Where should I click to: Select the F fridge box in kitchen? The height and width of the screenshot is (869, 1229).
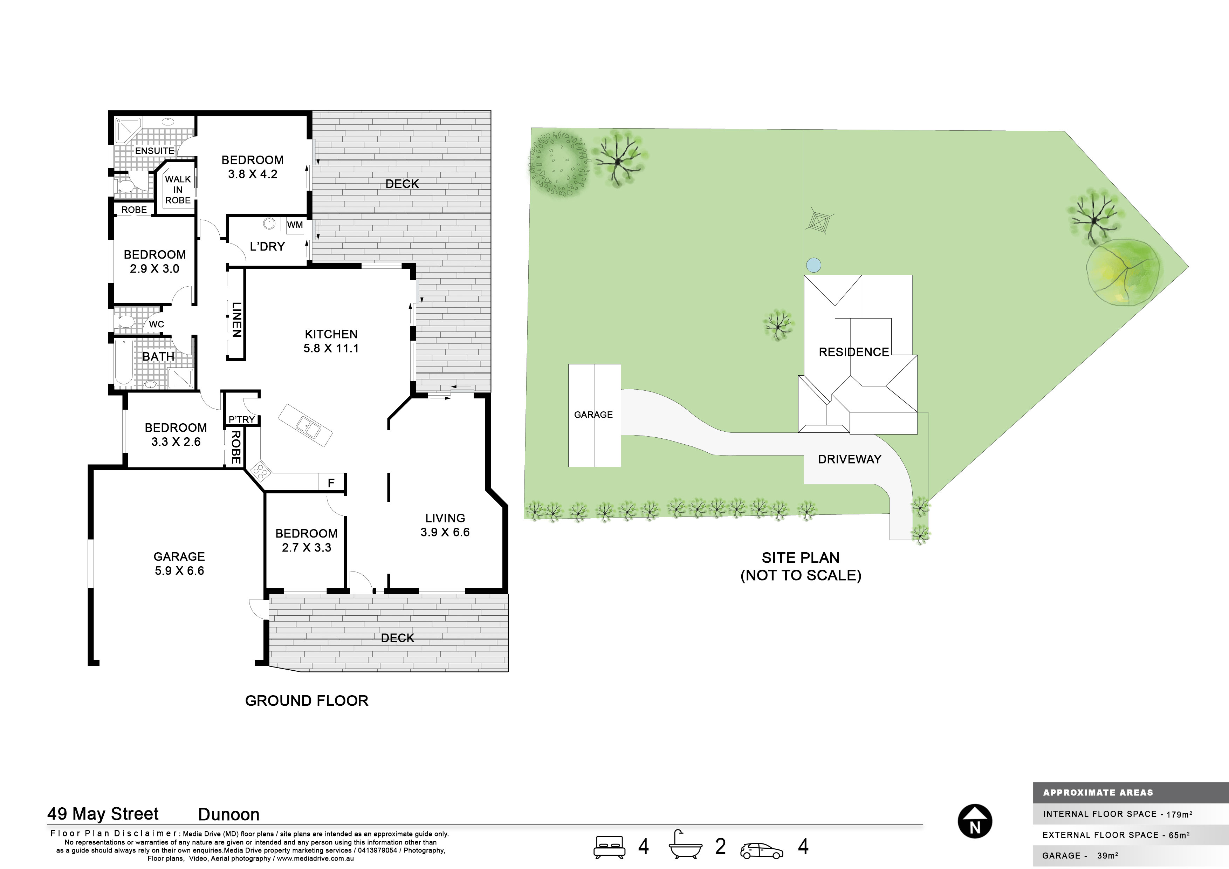[x=331, y=483]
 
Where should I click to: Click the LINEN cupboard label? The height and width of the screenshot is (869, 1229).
[x=236, y=320]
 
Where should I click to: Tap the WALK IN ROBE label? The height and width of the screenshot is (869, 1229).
[x=178, y=190]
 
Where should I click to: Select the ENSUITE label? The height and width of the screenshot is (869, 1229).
[x=155, y=151]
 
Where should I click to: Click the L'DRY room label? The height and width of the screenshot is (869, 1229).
[x=267, y=246]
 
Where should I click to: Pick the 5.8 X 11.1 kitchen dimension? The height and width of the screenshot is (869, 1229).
[x=331, y=348]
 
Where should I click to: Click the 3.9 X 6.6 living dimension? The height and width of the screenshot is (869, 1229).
[x=445, y=532]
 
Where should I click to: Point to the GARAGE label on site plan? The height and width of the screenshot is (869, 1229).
[x=593, y=415]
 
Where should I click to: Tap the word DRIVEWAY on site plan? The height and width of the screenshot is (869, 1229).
[x=850, y=459]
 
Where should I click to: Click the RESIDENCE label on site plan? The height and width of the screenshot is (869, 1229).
[x=854, y=352]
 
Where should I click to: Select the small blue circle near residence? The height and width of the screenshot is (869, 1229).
[x=813, y=265]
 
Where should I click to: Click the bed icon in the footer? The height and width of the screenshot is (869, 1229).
[x=609, y=847]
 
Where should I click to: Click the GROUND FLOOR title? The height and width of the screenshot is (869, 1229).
[x=307, y=701]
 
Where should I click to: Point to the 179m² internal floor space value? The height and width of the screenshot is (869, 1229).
[x=1179, y=814]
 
